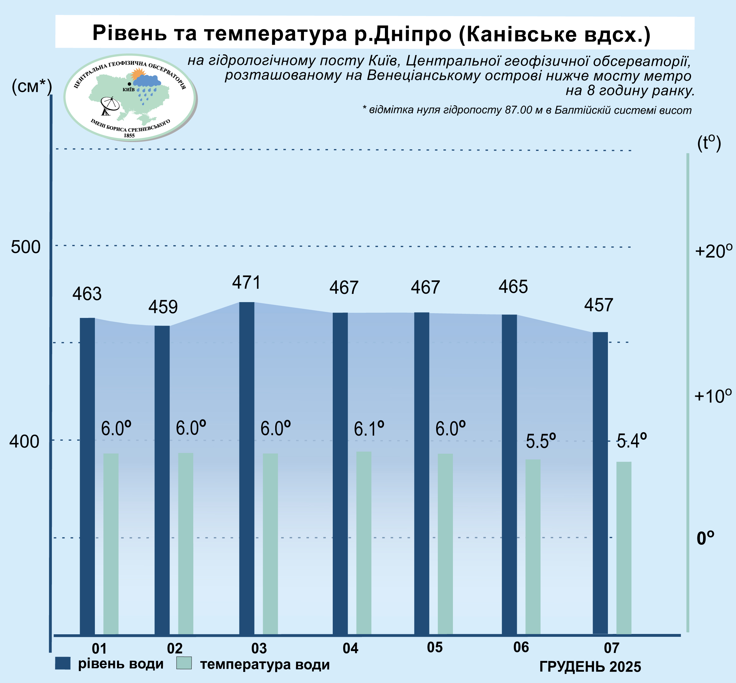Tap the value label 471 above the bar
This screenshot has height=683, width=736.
coord(246,283)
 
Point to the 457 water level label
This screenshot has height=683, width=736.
coord(598,305)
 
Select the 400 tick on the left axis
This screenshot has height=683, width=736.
coord(24,441)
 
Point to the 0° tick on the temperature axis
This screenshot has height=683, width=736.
coord(705,538)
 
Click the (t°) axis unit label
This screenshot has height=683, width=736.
coord(709,143)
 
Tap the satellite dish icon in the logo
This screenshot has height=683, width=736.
coord(110,106)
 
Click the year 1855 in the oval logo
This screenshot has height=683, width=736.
coord(129,136)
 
